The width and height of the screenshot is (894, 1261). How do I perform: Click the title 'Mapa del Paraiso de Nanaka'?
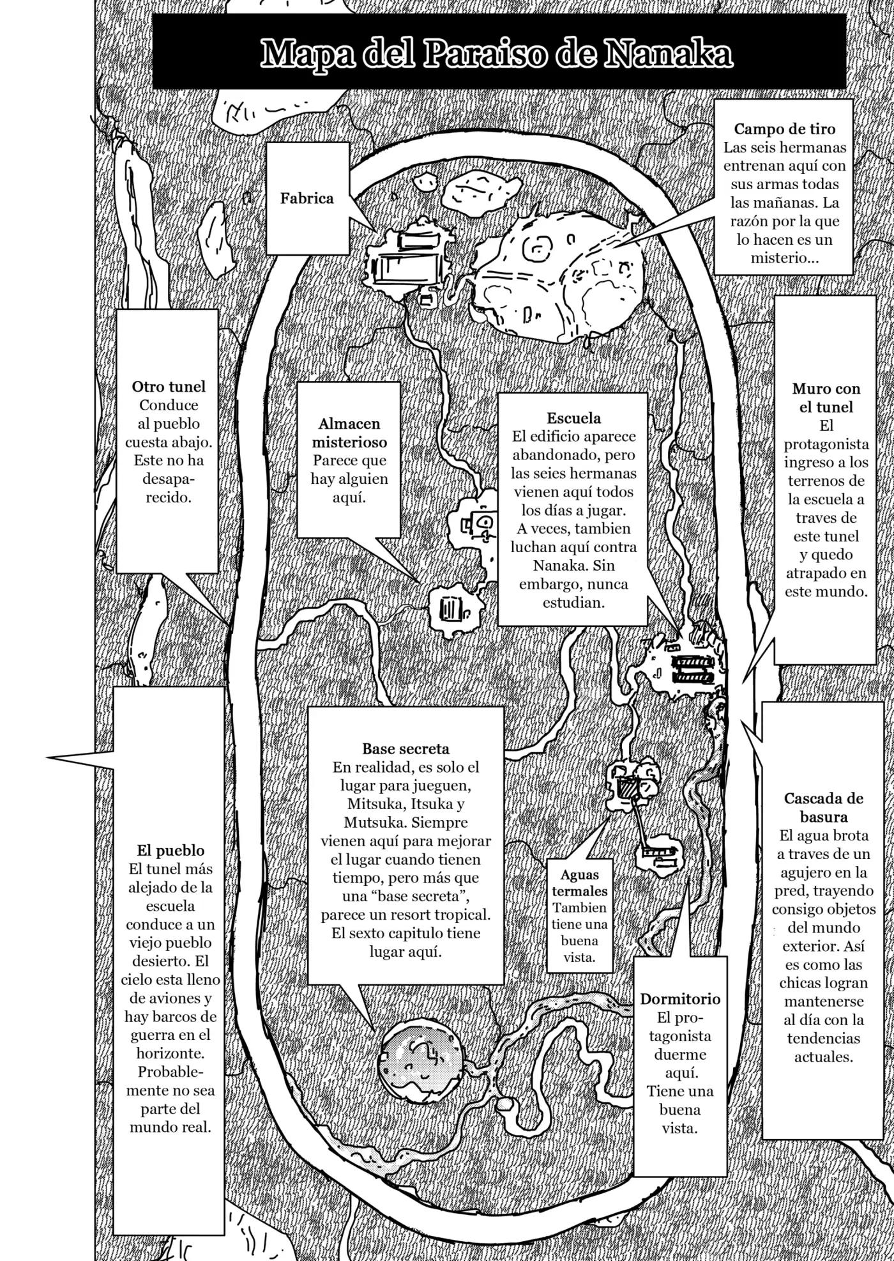[x=497, y=54]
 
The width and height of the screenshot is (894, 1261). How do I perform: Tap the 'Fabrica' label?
[x=307, y=198]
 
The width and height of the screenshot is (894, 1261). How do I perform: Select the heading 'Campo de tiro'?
[x=784, y=129]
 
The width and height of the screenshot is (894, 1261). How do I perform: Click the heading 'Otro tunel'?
[x=169, y=386]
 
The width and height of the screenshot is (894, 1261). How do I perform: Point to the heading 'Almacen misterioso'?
[x=349, y=433]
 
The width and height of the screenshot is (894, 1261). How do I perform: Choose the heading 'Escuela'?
[x=573, y=418]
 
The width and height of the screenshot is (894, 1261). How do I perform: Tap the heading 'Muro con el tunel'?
[x=826, y=398]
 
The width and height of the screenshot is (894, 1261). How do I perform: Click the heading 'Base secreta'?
[x=405, y=748]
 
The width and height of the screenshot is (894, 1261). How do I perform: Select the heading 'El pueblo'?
[x=170, y=850]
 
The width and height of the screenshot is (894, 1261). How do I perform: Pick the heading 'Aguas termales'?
[x=580, y=883]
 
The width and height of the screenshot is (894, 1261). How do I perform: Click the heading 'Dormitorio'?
[x=680, y=999]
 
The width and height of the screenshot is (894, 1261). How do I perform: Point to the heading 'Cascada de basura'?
[x=824, y=807]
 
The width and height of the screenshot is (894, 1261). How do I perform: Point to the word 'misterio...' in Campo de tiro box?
[x=785, y=258]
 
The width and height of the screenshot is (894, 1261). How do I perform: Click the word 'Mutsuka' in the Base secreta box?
[x=370, y=823]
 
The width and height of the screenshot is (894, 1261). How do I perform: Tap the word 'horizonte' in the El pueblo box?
[x=170, y=1053]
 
